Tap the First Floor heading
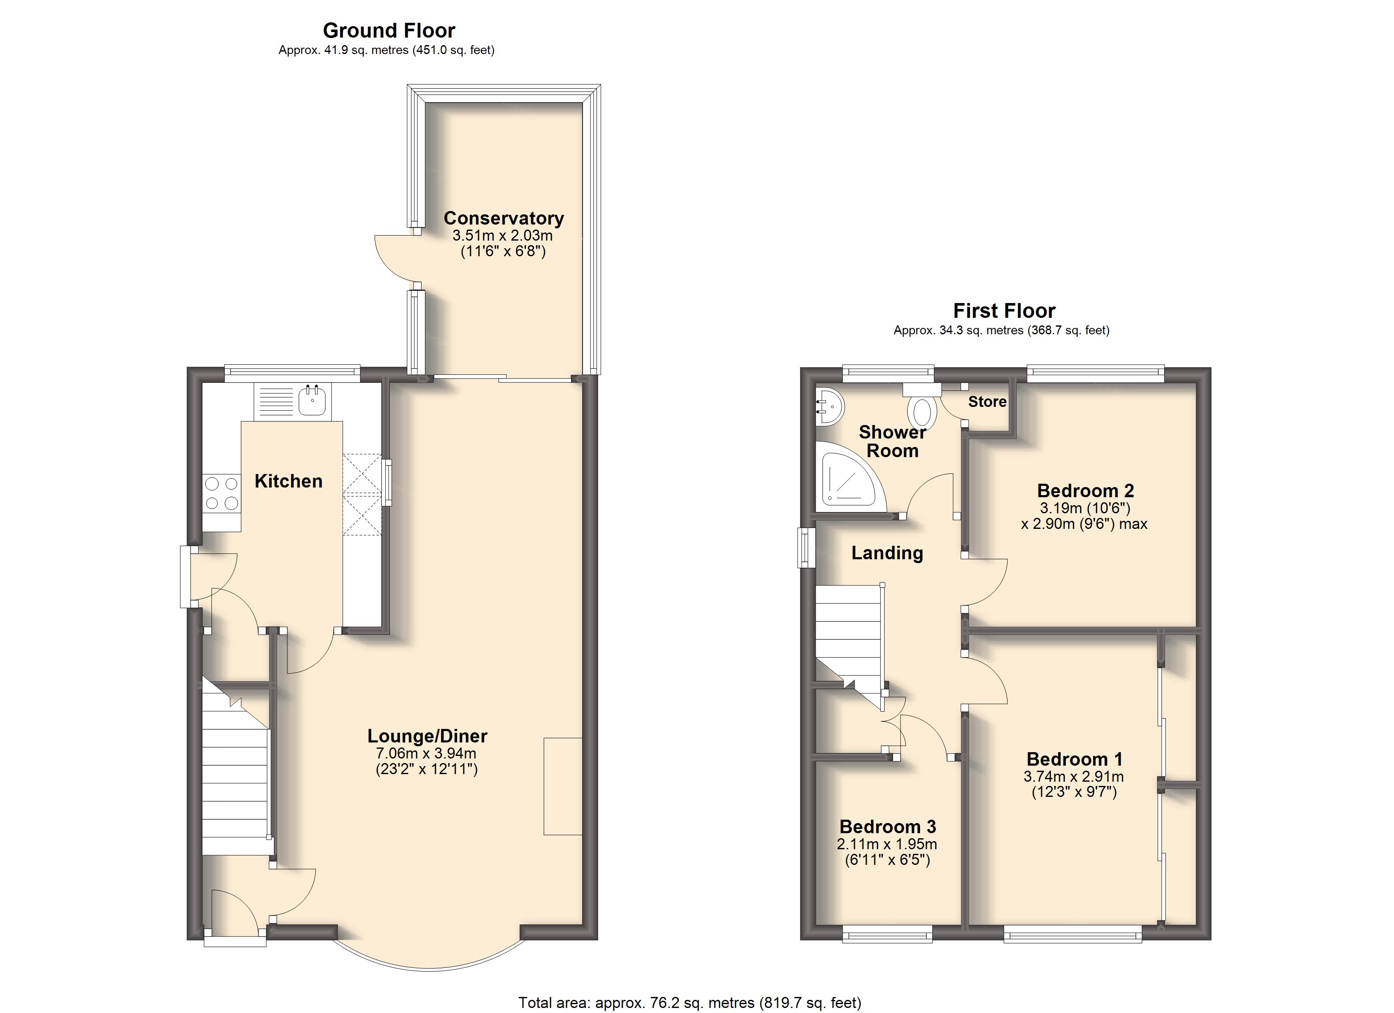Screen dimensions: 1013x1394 coord(1004,310)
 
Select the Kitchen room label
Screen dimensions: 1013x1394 coord(288,481)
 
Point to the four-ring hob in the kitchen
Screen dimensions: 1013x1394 coord(222,493)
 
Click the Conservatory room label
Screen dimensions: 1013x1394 coord(504,218)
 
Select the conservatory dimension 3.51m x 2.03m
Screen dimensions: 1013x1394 coord(502,235)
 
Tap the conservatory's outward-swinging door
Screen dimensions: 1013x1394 coord(393,258)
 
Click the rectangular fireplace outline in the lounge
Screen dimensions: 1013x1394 coord(562,786)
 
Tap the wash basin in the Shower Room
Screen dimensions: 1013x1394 coord(830,406)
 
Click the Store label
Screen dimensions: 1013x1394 coord(987,402)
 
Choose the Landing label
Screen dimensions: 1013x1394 coord(887,553)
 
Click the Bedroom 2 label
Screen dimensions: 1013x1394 coord(1085,491)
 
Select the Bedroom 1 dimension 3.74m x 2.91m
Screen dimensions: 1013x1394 coord(1073,777)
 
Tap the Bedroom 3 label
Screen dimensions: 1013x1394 coord(888,827)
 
